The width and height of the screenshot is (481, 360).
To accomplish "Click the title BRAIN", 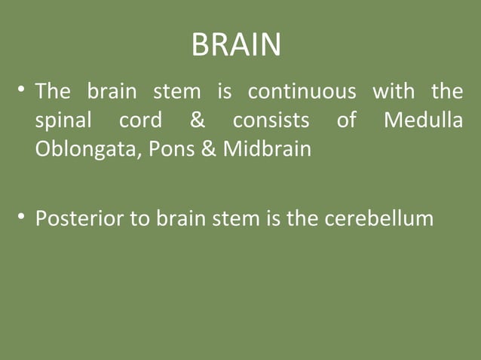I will coord(236,45).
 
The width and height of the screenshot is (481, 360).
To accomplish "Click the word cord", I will coord(139,121).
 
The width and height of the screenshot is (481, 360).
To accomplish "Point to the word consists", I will coord(271,121).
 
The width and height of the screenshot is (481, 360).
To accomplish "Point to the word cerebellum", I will coord(378,219).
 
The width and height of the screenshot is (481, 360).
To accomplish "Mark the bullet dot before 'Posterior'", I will coord(23,219).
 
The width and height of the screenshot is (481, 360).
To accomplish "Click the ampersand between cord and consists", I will coord(201,121).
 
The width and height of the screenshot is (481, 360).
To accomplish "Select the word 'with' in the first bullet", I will coord(394,92).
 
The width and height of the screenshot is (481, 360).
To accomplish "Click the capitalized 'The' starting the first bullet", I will coord(53,92).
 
